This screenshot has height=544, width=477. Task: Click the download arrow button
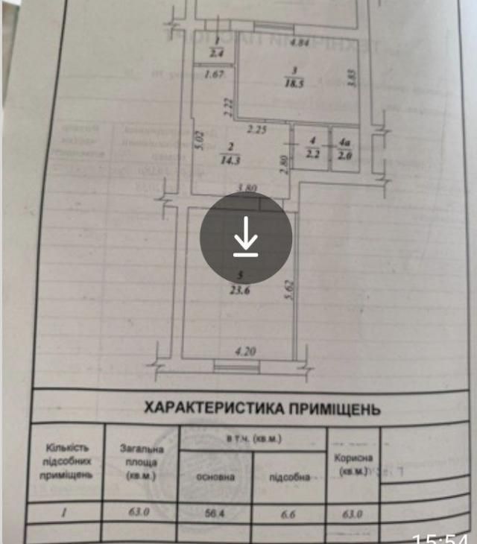[244, 238]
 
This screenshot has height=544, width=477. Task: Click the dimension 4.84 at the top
[300, 42]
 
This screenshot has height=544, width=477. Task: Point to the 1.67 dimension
[215, 74]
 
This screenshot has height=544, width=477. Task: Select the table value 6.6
[289, 513]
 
